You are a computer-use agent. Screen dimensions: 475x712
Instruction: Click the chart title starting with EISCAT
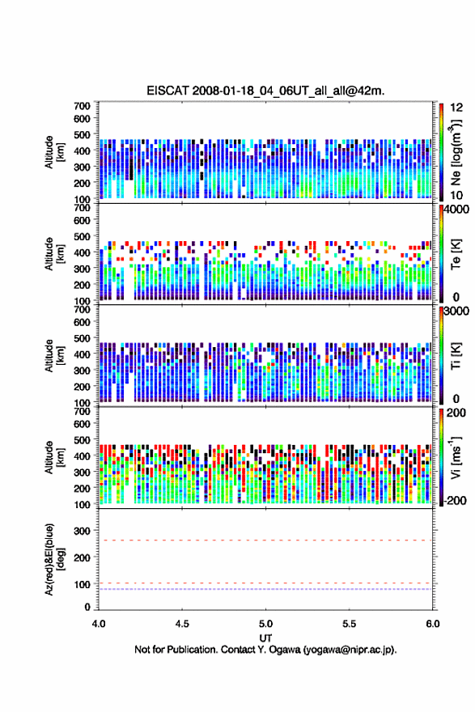(265, 91)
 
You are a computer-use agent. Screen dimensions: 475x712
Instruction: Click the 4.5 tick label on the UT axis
(182, 624)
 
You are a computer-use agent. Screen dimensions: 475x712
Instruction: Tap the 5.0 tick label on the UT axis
(265, 624)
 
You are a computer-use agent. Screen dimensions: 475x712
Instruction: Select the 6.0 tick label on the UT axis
(433, 624)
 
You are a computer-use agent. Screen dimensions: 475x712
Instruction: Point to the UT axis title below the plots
(265, 638)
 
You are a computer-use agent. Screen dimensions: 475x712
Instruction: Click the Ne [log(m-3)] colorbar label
(456, 153)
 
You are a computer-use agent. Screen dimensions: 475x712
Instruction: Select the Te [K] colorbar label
(456, 254)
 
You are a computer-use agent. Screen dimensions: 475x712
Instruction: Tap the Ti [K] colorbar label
(456, 356)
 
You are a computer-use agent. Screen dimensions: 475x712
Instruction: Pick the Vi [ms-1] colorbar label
(456, 457)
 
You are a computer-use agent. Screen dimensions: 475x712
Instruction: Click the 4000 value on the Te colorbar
(456, 210)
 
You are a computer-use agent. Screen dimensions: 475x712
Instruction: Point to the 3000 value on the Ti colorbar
(456, 311)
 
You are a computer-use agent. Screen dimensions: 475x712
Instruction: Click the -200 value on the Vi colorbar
(454, 500)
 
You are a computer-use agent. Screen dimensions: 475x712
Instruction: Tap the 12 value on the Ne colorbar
(456, 108)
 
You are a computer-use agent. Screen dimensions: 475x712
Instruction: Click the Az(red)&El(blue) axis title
(54, 559)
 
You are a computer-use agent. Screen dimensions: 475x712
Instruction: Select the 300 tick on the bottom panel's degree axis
(82, 531)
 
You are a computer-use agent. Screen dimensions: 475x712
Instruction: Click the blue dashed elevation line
(265, 589)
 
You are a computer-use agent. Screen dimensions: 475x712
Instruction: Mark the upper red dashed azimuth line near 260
(265, 540)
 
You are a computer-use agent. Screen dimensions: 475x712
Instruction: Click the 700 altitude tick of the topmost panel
(82, 106)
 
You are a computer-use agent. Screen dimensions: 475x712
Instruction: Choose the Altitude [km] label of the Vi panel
(54, 457)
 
